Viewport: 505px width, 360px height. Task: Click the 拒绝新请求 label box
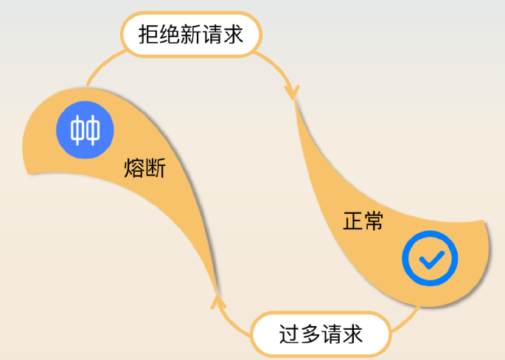190,35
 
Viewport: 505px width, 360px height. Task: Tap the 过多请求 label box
321,334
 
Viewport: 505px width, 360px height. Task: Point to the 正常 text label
363,221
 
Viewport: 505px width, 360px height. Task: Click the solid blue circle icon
86,130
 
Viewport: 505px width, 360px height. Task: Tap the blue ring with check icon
430,259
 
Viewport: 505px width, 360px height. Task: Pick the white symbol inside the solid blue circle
86,130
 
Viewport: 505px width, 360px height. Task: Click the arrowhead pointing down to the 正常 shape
292,91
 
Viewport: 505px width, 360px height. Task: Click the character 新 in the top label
190,35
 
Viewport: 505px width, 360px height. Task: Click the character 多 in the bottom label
310,334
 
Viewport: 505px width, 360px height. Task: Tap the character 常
373,221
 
